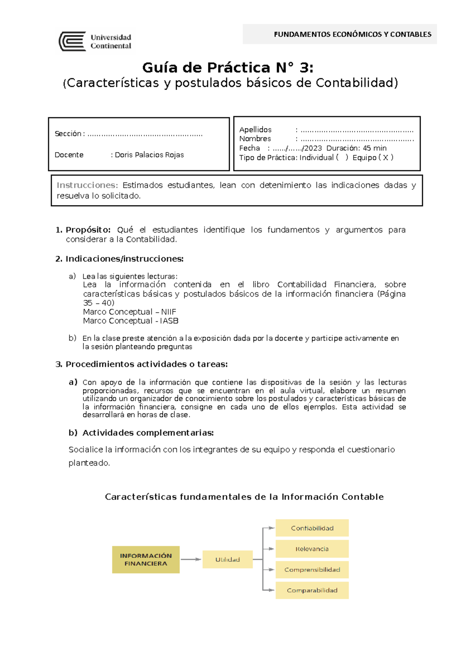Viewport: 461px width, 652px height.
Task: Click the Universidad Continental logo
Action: tap(95, 41)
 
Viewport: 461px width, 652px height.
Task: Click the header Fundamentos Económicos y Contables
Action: tap(352, 34)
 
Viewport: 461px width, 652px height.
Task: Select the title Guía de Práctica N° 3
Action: tap(228, 68)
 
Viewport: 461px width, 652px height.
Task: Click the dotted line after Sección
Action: tap(145, 134)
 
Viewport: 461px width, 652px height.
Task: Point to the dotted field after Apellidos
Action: tap(357, 130)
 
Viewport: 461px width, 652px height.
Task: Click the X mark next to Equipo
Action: tap(385, 157)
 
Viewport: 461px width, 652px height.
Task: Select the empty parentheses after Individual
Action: tap(342, 157)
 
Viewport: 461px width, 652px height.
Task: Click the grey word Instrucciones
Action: tap(86, 185)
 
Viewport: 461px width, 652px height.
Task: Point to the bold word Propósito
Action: tap(88, 230)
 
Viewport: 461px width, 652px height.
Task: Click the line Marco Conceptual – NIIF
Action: tap(129, 312)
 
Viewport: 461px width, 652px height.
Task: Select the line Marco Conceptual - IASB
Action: tap(131, 321)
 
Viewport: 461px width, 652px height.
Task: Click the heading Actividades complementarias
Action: tap(148, 433)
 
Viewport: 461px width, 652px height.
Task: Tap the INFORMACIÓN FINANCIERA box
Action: tap(146, 559)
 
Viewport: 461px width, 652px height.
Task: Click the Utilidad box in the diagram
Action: tap(227, 559)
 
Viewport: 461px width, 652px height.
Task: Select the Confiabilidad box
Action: tap(312, 528)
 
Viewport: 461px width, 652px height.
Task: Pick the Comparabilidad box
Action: tap(312, 590)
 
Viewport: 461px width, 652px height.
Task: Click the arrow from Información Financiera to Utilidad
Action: tap(191, 559)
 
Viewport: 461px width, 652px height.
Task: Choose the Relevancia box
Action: tap(312, 549)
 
